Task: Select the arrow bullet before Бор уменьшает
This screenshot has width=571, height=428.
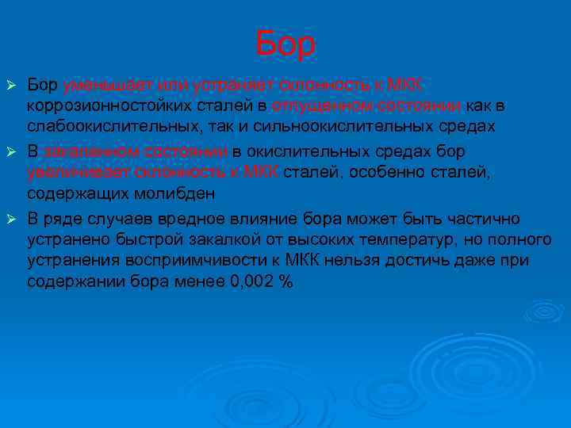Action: tap(11, 84)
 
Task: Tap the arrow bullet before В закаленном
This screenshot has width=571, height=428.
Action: tap(11, 151)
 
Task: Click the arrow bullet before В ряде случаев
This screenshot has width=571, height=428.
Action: tap(11, 218)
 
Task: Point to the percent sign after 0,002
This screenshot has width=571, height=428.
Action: tap(286, 282)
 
